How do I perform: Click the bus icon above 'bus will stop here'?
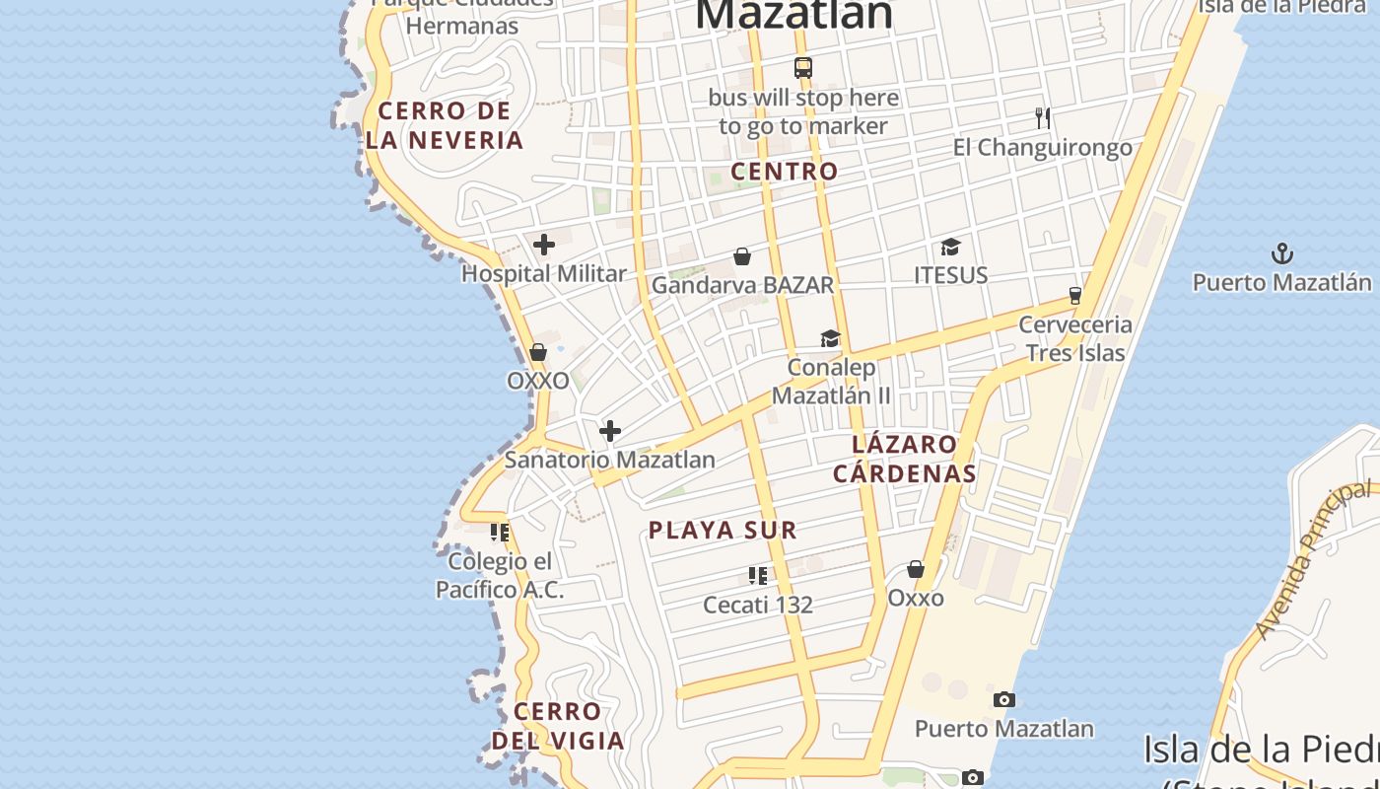(803, 68)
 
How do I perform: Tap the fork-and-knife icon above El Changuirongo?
(1043, 118)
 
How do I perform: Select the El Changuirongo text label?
(1042, 148)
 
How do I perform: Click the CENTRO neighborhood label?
(785, 171)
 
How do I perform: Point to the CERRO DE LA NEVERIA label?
(445, 125)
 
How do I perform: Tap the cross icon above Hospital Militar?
(544, 245)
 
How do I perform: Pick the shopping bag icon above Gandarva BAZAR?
(742, 257)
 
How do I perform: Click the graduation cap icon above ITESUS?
(950, 247)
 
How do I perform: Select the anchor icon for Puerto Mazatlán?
(1281, 254)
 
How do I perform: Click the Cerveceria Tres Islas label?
(1075, 338)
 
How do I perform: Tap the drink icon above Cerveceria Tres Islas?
(1075, 296)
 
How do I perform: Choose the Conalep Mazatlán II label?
(831, 382)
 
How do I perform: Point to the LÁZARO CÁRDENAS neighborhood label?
(905, 459)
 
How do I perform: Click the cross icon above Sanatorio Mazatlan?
(610, 431)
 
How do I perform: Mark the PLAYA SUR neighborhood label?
(723, 530)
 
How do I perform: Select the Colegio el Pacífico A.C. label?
(500, 576)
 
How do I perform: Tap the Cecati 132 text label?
(758, 605)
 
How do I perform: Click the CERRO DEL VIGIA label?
(558, 726)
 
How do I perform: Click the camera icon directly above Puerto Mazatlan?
(1004, 700)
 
